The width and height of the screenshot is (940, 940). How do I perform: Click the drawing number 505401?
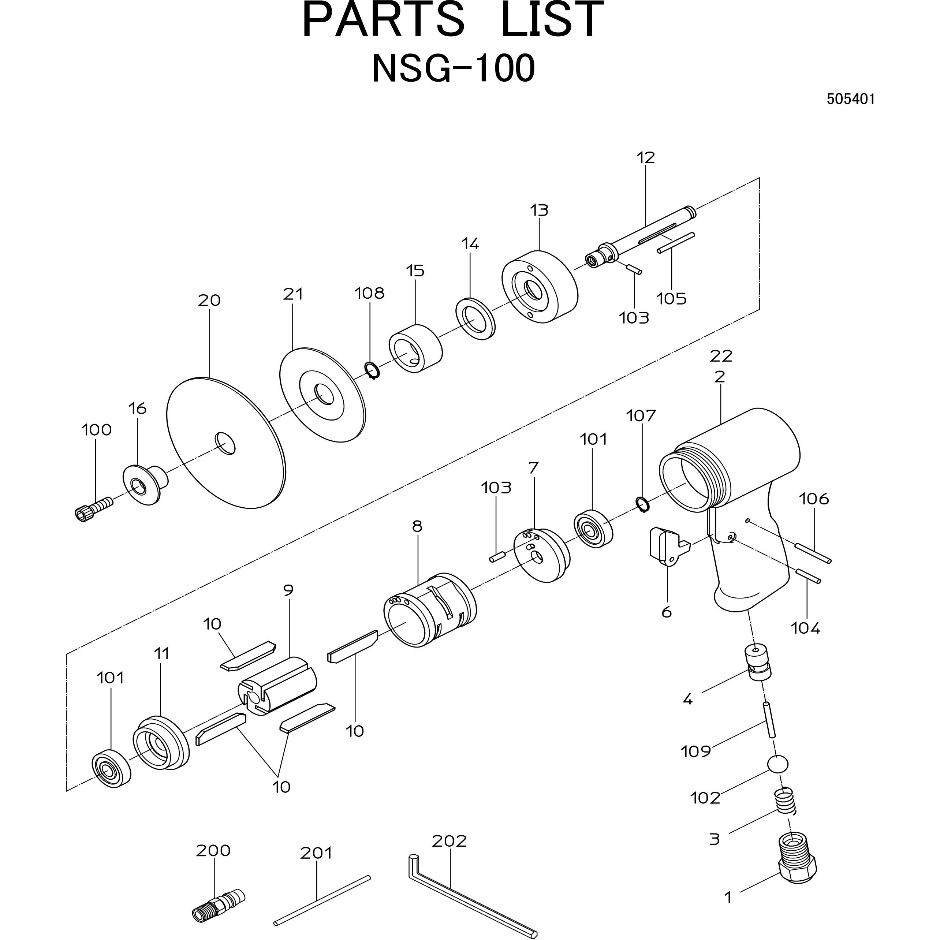pos(850,99)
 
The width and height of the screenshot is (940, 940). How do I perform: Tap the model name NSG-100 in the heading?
pos(454,68)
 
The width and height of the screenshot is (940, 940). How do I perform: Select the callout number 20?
pos(209,300)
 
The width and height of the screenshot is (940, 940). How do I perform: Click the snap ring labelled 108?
pos(373,371)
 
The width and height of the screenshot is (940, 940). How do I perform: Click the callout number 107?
pos(641,416)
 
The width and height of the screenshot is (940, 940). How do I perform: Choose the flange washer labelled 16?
pos(145,485)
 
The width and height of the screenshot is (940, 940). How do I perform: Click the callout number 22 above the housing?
pos(721,356)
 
